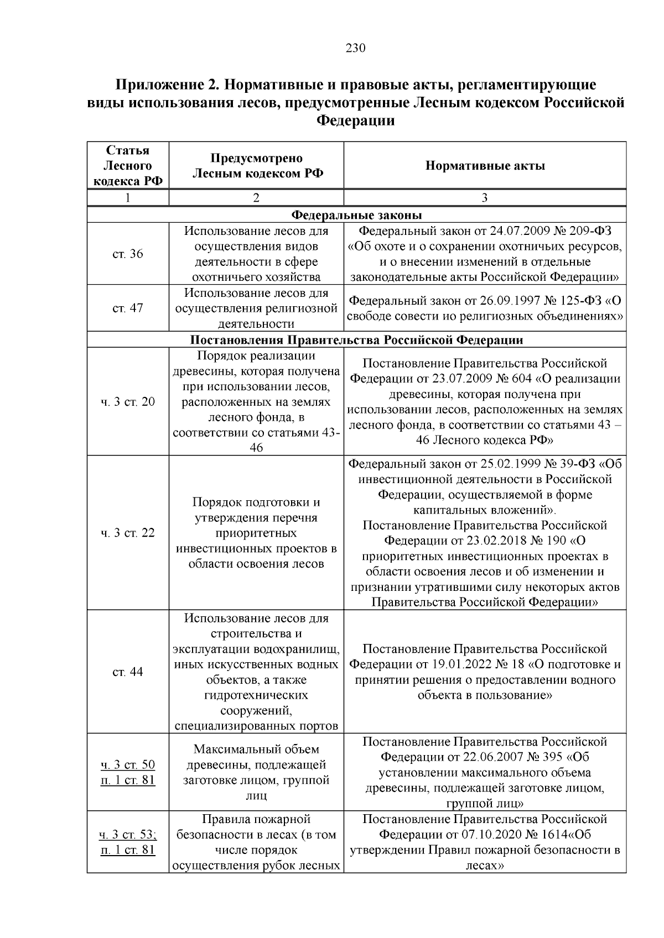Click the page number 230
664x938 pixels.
355,48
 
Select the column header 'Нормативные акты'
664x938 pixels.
485,166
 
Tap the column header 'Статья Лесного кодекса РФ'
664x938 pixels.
128,166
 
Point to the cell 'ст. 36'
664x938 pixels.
128,254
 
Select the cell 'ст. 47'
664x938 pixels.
128,308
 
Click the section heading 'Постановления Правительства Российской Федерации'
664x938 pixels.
356,339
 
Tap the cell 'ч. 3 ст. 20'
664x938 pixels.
128,402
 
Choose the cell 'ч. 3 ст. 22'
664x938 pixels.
128,533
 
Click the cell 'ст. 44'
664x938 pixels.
128,672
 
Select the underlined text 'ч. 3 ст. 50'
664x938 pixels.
128,765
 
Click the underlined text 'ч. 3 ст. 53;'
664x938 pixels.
128,835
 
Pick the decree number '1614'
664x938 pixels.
553,835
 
